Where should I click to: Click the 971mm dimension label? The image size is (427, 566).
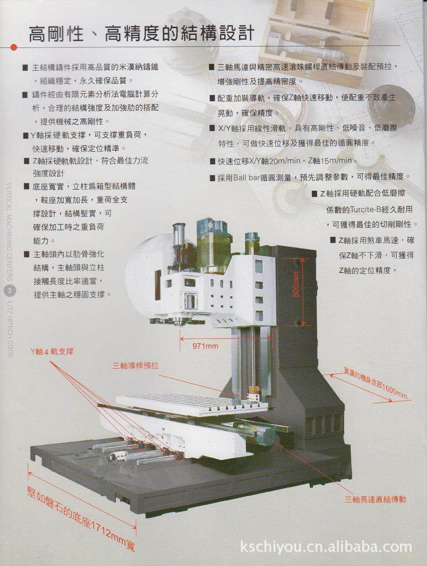[205, 347]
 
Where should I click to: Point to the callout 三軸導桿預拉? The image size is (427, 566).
[135, 366]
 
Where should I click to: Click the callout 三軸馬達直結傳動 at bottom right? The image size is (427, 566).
[375, 500]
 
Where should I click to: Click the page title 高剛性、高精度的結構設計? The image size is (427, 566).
[141, 34]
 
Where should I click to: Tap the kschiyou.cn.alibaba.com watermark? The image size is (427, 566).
[326, 547]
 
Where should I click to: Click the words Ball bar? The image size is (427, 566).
[245, 177]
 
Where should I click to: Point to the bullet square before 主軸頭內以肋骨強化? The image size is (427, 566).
[26, 254]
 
